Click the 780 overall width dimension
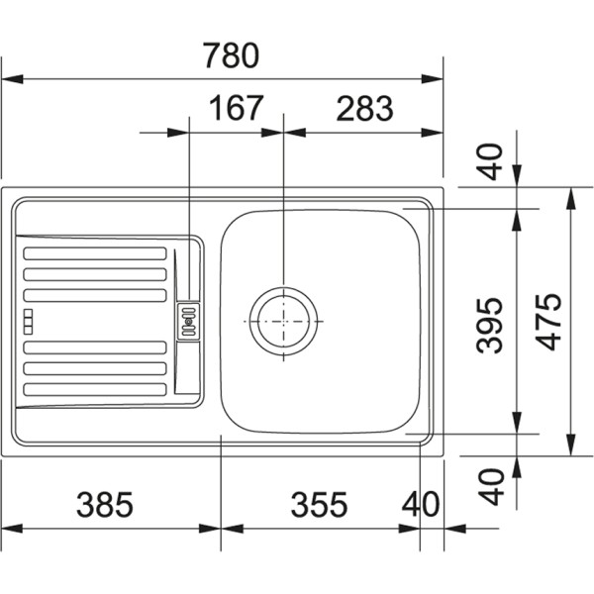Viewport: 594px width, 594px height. tap(231, 55)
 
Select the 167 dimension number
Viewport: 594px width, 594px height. tap(236, 108)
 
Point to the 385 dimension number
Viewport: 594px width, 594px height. tap(105, 505)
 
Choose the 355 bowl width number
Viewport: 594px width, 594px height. tap(319, 505)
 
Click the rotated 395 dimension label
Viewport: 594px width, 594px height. tap(489, 326)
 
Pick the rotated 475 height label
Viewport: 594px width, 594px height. tap(549, 322)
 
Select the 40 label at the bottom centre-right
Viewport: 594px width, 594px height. tap(421, 505)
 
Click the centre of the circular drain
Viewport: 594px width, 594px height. tap(283, 321)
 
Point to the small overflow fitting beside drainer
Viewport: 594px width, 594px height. tap(188, 321)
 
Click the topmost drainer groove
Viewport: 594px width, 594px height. tap(95, 253)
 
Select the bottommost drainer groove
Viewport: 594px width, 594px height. tap(95, 389)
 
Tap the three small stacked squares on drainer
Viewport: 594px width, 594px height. tap(28, 322)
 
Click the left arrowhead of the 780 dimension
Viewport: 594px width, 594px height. tap(12, 79)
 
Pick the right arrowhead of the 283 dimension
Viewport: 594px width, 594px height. tap(433, 133)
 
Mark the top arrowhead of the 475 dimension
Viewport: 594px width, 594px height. tap(571, 198)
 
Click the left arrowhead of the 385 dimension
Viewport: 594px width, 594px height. tap(12, 529)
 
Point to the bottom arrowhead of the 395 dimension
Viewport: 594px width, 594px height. tap(517, 423)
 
